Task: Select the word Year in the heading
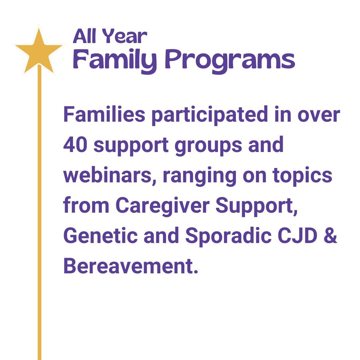pos(124,36)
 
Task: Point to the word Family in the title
pos(115,60)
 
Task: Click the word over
pos(319,116)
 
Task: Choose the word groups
pos(208,147)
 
